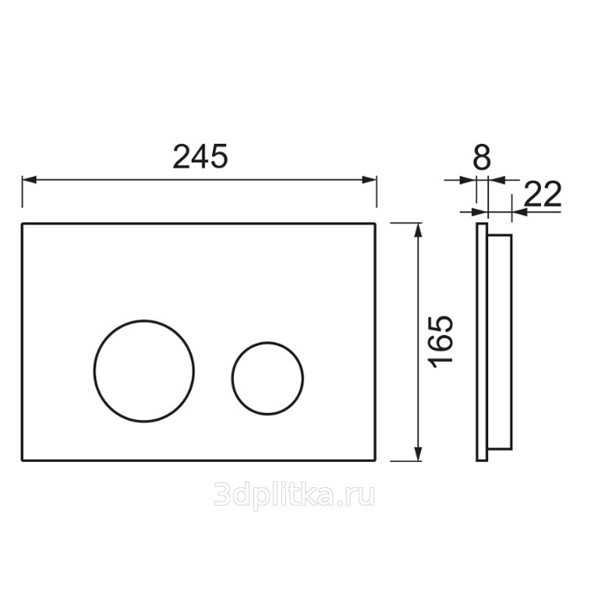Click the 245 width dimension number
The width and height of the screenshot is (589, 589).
(200, 157)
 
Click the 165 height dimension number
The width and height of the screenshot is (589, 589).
(441, 342)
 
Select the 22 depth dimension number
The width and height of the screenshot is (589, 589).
(543, 194)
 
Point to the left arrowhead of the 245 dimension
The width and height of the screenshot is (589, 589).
(29, 180)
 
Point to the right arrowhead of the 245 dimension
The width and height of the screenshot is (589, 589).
(369, 180)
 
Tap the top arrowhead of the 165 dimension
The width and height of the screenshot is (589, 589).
(417, 231)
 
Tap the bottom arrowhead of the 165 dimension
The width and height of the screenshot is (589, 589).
(417, 454)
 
